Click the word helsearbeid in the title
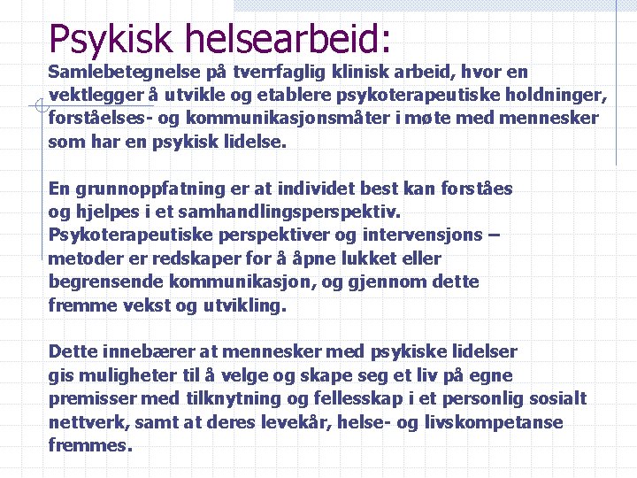[288, 38]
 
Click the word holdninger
[557, 95]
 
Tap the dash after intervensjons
[493, 235]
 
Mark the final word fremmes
[89, 445]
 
